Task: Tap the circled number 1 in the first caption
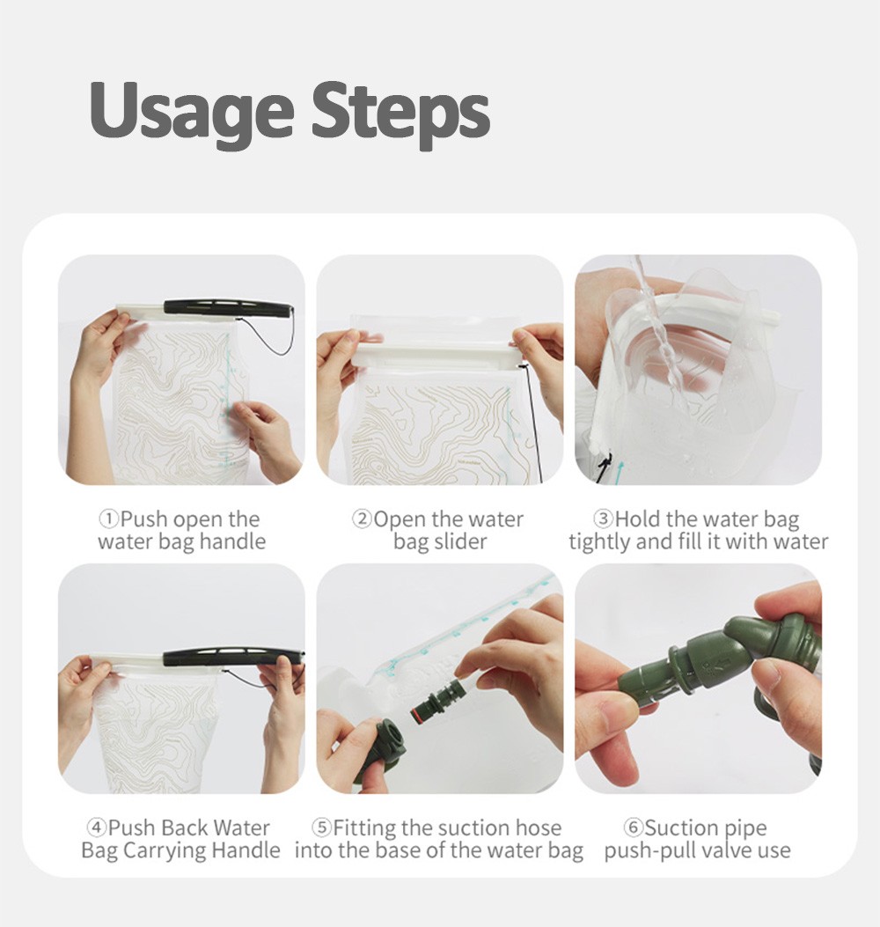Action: (x=109, y=519)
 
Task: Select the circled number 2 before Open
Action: (x=363, y=519)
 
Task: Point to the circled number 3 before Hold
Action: (x=603, y=519)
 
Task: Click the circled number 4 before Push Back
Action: (x=96, y=828)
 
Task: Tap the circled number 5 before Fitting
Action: (x=321, y=828)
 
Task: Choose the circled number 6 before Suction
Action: (x=633, y=828)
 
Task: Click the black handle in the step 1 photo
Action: (x=227, y=308)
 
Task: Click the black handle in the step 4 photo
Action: (x=233, y=657)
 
